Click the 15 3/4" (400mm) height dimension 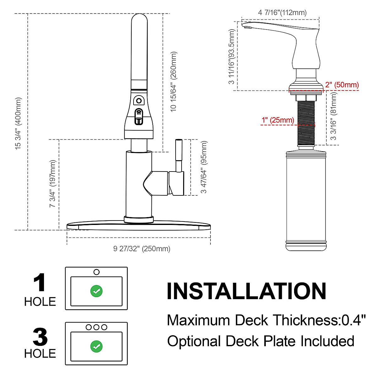[x=19, y=123]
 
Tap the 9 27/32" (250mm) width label [x=142, y=249]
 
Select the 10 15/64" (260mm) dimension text [x=173, y=82]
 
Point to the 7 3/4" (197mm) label [x=52, y=183]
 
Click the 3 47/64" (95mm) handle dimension [x=204, y=167]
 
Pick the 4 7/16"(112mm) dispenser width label [x=282, y=13]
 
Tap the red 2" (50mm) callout [x=342, y=85]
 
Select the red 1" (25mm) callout [x=278, y=120]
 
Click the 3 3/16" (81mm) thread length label [x=334, y=116]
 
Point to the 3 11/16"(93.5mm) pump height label [x=232, y=57]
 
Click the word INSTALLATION [x=246, y=291]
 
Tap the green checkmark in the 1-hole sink [x=96, y=291]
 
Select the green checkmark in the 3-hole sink [x=96, y=346]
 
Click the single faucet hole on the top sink [x=96, y=272]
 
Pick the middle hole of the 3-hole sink [x=96, y=327]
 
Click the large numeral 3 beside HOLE [x=40, y=337]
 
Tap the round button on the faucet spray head [x=139, y=101]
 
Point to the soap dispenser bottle [x=306, y=201]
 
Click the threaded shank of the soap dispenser [x=306, y=123]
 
